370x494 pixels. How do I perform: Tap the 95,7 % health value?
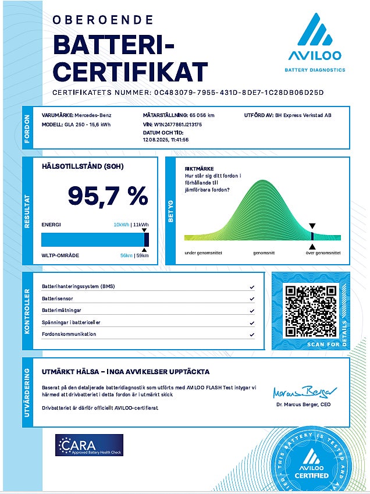tap(108, 196)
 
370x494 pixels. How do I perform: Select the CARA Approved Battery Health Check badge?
tap(89, 445)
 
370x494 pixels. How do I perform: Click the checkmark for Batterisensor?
tap(252, 298)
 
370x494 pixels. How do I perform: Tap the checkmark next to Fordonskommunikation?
tap(252, 335)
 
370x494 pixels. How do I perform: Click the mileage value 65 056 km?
tap(203, 116)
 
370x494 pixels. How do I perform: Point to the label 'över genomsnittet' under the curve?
tap(323, 253)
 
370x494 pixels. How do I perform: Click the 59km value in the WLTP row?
tap(143, 255)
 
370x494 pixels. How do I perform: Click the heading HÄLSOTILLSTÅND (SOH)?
tap(83, 166)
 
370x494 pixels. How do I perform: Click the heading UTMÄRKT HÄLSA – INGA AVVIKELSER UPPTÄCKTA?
tap(126, 372)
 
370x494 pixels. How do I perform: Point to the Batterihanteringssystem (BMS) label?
tap(79, 287)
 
